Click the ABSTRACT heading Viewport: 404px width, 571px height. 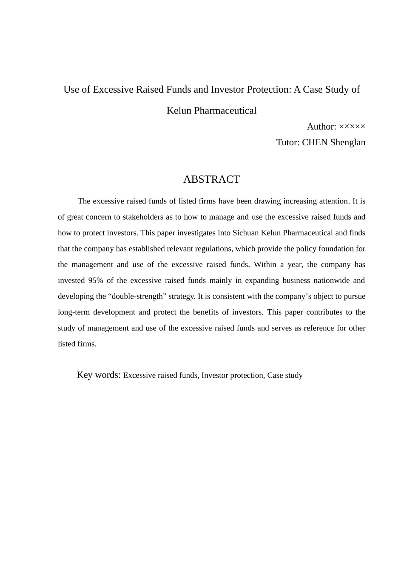tap(211, 179)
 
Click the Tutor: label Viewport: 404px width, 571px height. tap(288, 142)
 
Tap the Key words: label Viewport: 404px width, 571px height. tap(99, 375)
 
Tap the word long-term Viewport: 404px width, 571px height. tap(73, 312)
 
